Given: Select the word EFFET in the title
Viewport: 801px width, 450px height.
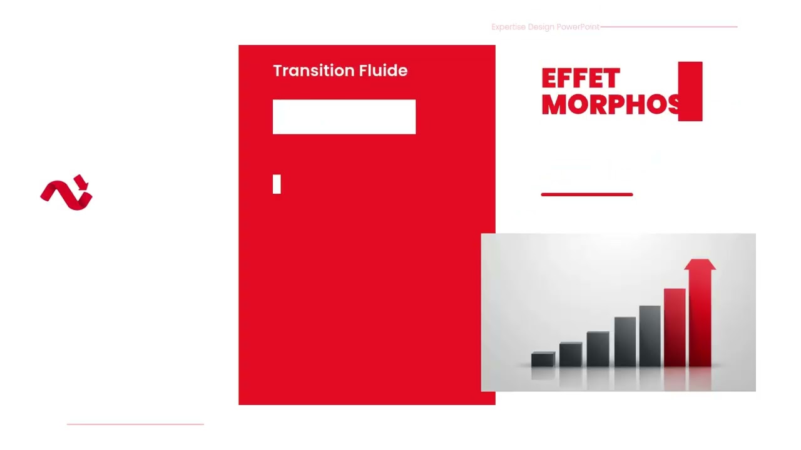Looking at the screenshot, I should coord(580,79).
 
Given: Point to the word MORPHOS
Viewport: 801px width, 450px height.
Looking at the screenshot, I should coord(610,104).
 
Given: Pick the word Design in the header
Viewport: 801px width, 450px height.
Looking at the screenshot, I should coord(541,27).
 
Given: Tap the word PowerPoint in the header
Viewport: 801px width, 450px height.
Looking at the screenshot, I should coord(578,27).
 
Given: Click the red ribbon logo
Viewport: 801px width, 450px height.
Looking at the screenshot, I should coord(66,192).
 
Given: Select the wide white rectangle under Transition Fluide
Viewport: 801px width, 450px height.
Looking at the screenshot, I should coord(344,117).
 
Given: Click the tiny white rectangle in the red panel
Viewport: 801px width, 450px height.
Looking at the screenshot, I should coord(277,184).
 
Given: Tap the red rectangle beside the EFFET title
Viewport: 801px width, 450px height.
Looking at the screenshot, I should coord(690,91).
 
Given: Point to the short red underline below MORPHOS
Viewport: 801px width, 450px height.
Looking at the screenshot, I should coord(587,194).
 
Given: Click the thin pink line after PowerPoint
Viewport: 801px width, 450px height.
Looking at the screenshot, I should coord(668,27).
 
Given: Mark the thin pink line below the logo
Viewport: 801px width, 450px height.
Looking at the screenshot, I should coord(135,424).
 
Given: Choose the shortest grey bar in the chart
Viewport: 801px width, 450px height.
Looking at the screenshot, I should coord(543,359).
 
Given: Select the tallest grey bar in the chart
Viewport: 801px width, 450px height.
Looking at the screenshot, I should coord(650,336).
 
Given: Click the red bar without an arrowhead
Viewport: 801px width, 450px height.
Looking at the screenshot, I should coord(675,327).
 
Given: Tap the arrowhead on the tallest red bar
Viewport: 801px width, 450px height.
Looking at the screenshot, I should coord(700,264).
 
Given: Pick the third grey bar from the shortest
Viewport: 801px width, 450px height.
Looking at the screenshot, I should coord(598,349).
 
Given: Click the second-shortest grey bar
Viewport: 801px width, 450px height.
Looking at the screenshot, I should coord(570,354).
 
